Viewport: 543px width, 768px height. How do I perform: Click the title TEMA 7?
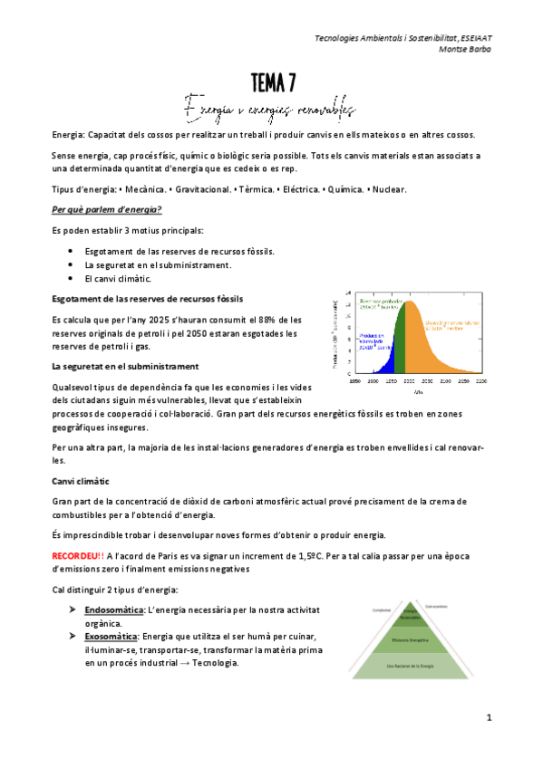271,83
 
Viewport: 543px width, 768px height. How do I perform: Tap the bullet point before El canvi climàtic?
73,279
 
